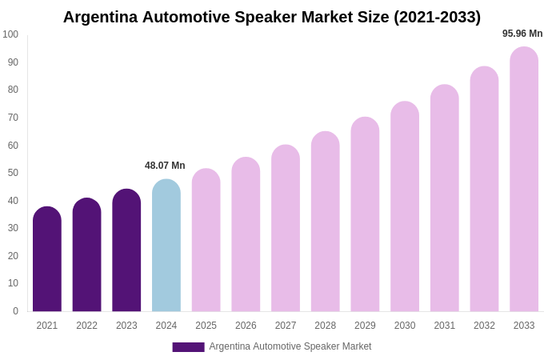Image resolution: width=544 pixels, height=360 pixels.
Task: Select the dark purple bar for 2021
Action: pos(47,259)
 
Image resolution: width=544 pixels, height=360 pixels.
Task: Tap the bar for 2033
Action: pos(524,179)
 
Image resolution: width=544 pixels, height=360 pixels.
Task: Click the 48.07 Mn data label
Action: pos(165,166)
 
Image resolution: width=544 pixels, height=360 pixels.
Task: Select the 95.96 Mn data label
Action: pos(522,34)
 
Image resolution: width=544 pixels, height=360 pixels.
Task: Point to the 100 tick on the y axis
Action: pos(10,34)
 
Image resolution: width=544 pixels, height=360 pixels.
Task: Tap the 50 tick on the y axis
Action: pos(13,173)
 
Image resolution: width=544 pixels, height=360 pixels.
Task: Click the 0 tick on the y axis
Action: pos(15,311)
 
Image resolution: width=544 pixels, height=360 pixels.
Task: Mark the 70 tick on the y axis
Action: pos(13,118)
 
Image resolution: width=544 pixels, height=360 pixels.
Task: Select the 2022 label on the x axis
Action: pos(86,326)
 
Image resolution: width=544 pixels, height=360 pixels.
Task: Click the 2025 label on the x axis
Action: pos(206,326)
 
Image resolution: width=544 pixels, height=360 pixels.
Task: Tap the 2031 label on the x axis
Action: pos(444,326)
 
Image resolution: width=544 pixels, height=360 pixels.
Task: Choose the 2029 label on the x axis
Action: pos(365,326)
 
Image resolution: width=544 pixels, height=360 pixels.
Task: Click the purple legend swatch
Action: pos(188,347)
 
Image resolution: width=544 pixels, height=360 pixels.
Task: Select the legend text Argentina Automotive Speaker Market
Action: pos(290,346)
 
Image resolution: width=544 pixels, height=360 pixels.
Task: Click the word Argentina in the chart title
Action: pos(100,17)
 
